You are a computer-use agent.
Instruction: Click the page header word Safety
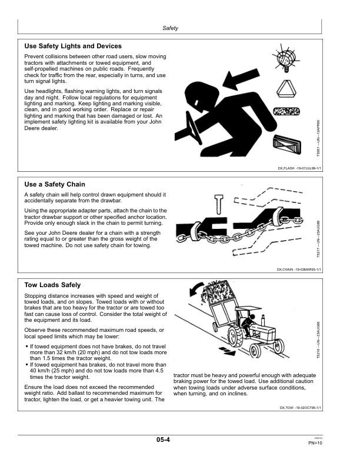pos(170,28)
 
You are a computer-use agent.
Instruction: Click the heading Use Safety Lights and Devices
pos(73,46)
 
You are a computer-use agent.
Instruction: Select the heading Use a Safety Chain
pos(55,184)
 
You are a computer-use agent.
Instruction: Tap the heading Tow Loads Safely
pos(52,285)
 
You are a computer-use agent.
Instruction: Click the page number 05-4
pos(163,440)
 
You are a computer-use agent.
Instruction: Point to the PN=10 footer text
pos(315,443)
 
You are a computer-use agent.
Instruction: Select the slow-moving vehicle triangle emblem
pos(287,89)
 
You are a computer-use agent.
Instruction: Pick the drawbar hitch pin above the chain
pos(219,204)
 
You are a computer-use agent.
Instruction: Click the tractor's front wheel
pos(255,350)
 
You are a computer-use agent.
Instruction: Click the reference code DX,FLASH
pos(286,168)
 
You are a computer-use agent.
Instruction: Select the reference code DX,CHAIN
pos(285,269)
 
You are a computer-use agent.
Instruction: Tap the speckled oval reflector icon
pos(286,111)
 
